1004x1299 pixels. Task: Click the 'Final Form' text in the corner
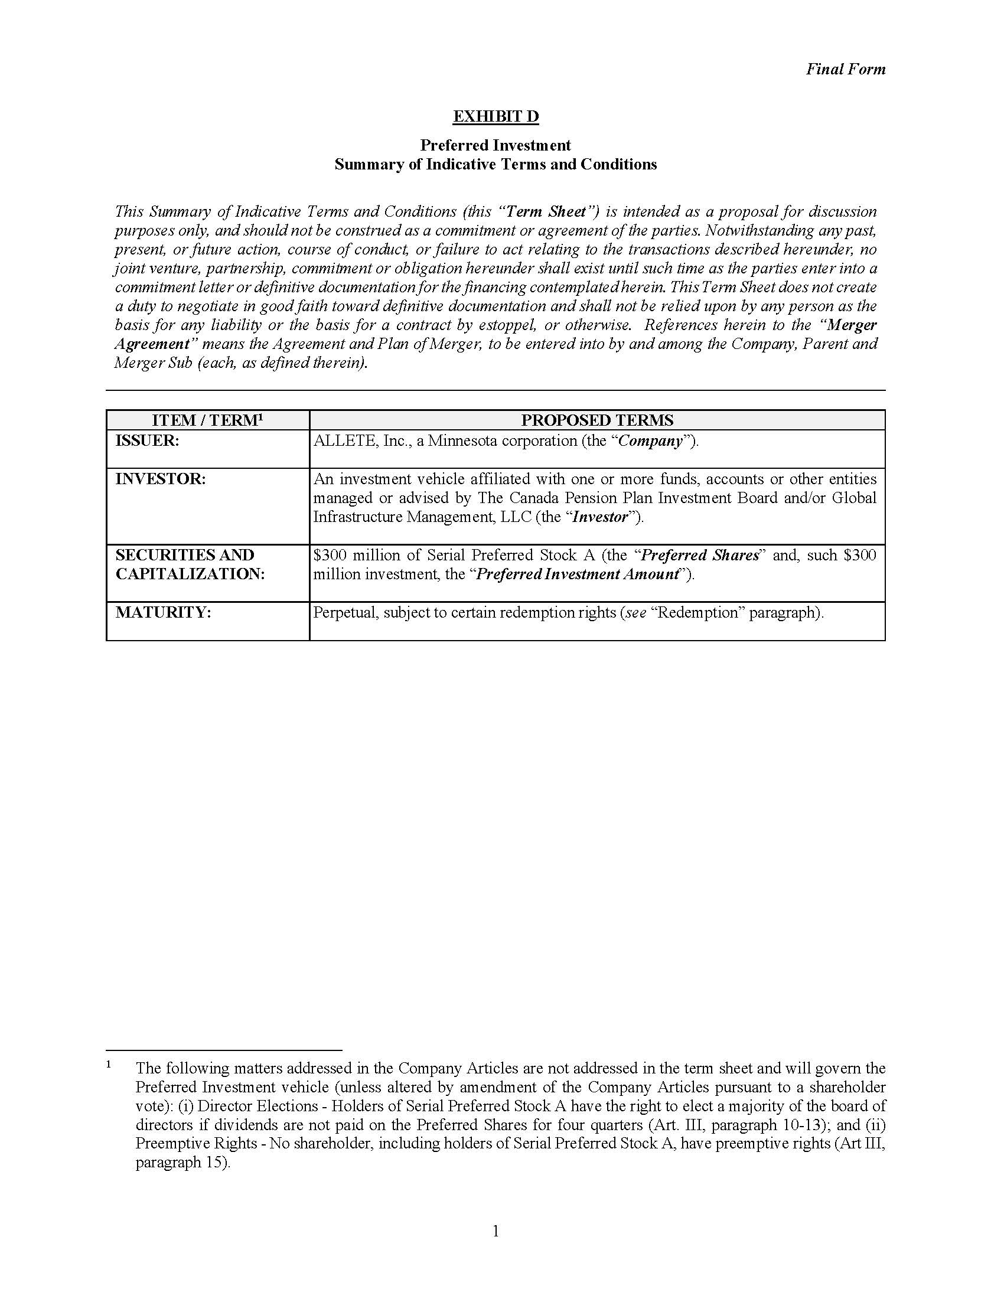[845, 69]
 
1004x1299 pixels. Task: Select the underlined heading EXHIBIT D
[496, 116]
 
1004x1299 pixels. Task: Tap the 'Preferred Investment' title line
[496, 145]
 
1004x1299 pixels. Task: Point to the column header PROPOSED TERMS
[597, 420]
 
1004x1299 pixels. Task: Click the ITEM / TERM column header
[207, 420]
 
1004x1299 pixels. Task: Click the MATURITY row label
[163, 613]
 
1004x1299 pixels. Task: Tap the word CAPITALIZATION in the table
[190, 574]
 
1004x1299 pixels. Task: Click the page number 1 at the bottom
[496, 1231]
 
